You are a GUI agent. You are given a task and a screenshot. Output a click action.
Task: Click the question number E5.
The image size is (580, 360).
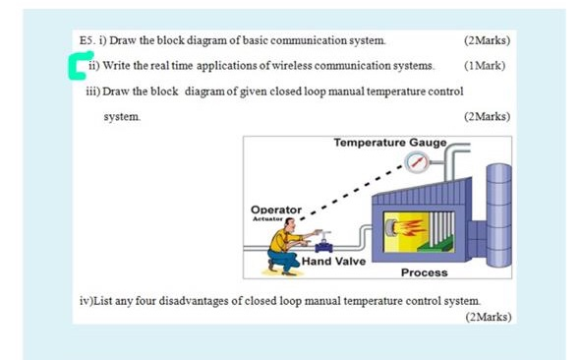pyautogui.click(x=87, y=40)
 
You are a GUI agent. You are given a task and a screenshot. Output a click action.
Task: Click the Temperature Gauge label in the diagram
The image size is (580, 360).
pyautogui.click(x=389, y=143)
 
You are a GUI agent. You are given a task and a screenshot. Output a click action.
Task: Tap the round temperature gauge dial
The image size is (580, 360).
pyautogui.click(x=418, y=164)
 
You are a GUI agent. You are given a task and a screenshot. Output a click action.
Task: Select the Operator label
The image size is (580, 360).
pyautogui.click(x=276, y=210)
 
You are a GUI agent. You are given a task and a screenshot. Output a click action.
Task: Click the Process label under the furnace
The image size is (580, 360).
pyautogui.click(x=424, y=271)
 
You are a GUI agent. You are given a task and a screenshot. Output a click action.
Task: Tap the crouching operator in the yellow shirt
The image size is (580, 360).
pyautogui.click(x=284, y=247)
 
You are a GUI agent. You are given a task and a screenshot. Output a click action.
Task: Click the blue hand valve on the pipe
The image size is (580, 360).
pyautogui.click(x=323, y=243)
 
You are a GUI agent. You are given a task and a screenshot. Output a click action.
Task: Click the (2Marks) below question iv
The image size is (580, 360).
pyautogui.click(x=487, y=317)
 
